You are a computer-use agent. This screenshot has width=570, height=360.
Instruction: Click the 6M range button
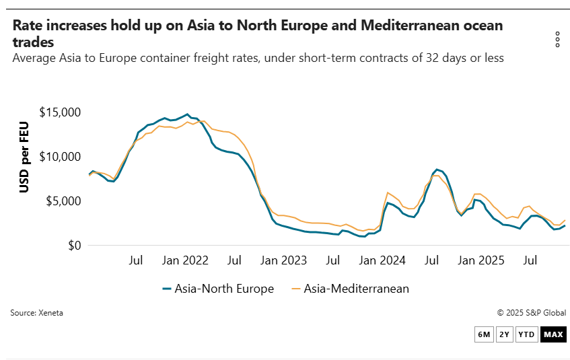(x=484, y=334)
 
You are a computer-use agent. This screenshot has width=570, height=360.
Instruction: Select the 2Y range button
(x=505, y=334)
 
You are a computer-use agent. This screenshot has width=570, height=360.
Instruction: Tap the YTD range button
(x=527, y=334)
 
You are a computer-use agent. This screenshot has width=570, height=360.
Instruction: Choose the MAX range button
(x=553, y=334)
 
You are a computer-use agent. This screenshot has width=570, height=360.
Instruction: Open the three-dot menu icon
(x=557, y=40)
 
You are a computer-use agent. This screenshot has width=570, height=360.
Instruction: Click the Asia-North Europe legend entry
(x=218, y=289)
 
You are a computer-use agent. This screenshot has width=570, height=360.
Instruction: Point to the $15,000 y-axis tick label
(x=60, y=112)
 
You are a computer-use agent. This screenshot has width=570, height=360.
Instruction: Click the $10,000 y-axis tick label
(x=60, y=157)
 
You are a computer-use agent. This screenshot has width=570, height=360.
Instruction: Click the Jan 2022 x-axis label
(x=186, y=260)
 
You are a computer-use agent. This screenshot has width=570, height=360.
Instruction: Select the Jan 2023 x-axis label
(x=284, y=260)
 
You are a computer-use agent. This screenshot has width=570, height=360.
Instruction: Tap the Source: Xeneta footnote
(x=36, y=313)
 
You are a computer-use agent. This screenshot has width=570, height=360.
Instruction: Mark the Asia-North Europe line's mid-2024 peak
(x=437, y=170)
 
